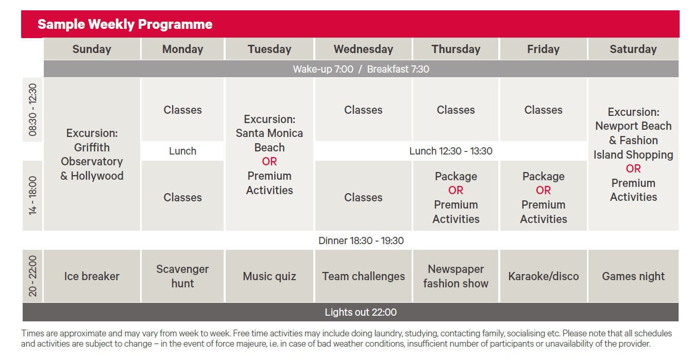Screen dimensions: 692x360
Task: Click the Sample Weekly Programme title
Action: click(125, 24)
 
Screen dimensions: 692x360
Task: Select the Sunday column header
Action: click(92, 49)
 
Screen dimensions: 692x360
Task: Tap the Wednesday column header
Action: click(363, 49)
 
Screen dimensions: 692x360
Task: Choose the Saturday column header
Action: click(633, 49)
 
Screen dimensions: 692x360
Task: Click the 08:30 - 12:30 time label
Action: click(32, 110)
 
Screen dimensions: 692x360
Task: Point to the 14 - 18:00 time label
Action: click(32, 195)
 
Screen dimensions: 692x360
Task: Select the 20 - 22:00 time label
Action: click(32, 276)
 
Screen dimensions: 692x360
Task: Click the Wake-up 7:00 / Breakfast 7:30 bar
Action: click(361, 69)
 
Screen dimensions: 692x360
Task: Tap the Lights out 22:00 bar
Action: click(350, 312)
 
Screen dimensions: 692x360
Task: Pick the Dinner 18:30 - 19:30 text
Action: click(361, 241)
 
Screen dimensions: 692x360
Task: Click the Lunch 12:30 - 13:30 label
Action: click(451, 151)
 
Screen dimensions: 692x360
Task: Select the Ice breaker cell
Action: click(92, 276)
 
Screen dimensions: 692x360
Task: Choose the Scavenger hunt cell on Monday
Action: click(182, 276)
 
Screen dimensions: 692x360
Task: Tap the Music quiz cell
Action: click(269, 276)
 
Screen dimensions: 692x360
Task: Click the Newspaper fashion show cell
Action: click(455, 276)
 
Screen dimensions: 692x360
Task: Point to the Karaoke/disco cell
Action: click(544, 276)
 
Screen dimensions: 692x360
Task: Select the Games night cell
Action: click(633, 276)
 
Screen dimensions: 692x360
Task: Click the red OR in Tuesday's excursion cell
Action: click(269, 162)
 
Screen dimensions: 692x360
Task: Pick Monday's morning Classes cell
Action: click(182, 110)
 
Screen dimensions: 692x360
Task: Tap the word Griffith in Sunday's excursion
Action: click(92, 147)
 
